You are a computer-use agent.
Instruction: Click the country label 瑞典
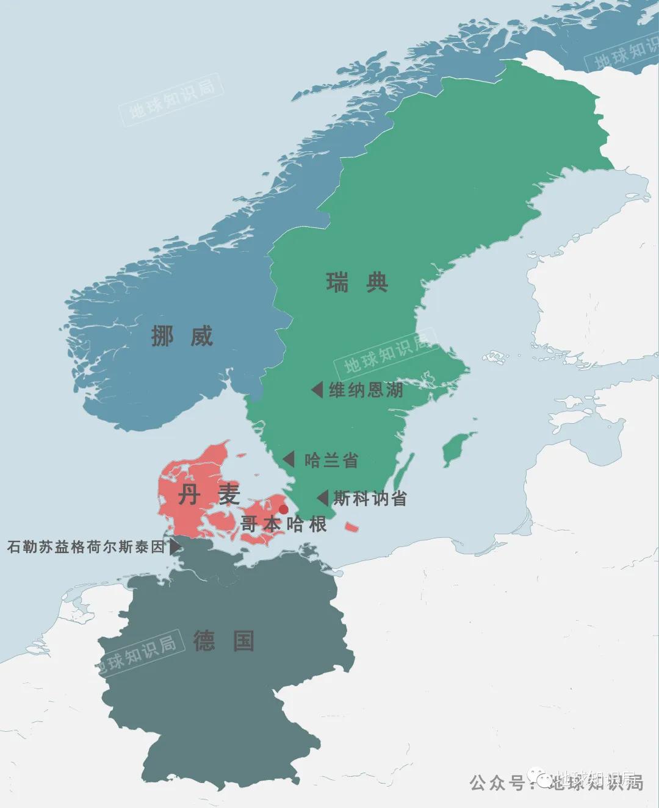click(x=357, y=283)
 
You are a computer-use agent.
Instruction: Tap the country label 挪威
click(x=182, y=336)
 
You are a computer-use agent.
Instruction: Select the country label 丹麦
click(x=209, y=495)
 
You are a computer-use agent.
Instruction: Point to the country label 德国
click(x=224, y=641)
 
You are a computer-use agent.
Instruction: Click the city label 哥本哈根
click(x=284, y=524)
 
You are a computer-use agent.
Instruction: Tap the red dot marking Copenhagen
click(x=283, y=509)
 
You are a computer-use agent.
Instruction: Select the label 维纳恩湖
click(x=366, y=390)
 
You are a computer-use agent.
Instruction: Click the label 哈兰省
click(x=331, y=460)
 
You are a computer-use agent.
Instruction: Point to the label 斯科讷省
click(x=370, y=498)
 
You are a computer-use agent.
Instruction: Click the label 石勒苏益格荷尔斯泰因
click(x=86, y=547)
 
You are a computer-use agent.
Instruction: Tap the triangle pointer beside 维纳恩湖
click(x=317, y=390)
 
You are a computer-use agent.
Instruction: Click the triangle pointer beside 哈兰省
click(x=289, y=459)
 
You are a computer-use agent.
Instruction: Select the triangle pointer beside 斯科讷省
click(x=323, y=498)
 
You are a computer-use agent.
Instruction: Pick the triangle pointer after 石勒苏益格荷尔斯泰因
click(x=175, y=546)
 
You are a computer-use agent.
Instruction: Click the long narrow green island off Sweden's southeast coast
click(x=403, y=473)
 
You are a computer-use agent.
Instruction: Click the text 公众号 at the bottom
click(x=497, y=782)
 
